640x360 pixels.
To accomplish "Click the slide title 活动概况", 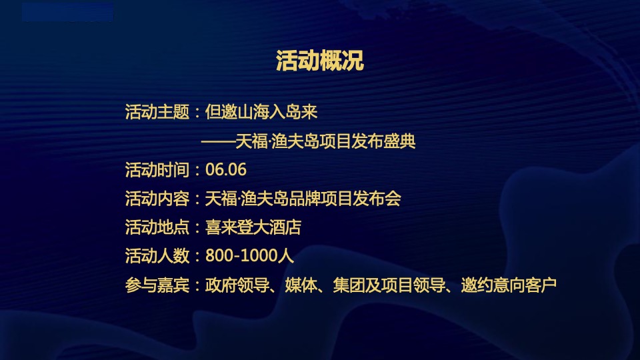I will (x=319, y=62).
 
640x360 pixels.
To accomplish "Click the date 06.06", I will (x=226, y=170).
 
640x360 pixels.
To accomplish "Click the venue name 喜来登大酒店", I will (x=253, y=227).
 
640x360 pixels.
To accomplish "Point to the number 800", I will (x=219, y=256).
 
